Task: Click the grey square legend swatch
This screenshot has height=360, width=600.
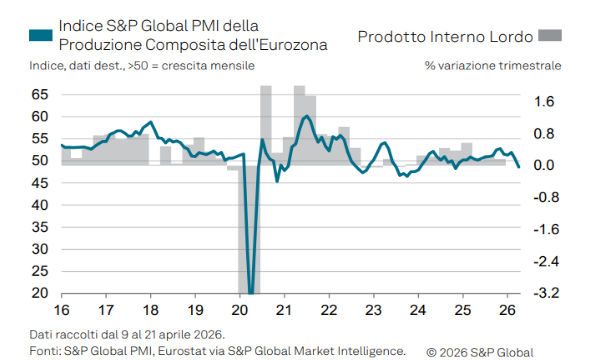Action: point(550,35)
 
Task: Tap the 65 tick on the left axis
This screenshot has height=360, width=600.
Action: point(39,94)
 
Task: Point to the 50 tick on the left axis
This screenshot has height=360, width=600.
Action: point(39,161)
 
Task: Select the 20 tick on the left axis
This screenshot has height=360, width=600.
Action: point(39,294)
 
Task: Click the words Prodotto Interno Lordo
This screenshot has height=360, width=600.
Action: point(444,36)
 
